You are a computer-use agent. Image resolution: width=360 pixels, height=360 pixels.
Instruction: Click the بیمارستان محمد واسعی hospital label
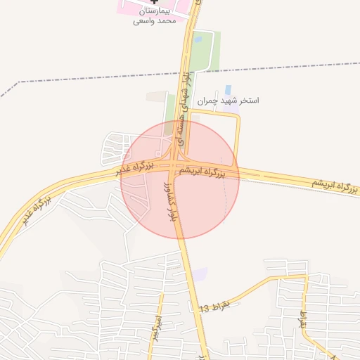154,17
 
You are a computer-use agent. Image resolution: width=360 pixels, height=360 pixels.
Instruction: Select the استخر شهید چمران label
228,101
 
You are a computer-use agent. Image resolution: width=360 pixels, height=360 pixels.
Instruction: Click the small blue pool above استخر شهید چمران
227,89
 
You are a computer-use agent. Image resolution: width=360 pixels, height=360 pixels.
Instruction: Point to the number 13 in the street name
204,309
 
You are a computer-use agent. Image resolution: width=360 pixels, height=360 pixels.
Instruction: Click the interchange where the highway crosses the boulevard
176,167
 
